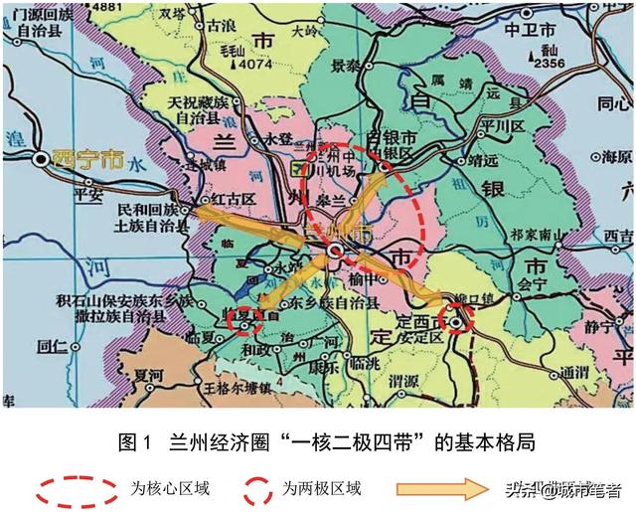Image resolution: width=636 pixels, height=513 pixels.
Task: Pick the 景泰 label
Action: coord(346,66)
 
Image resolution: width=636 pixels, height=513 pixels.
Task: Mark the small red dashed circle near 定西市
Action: coord(458,320)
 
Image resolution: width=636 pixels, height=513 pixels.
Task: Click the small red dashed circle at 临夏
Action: coord(244,320)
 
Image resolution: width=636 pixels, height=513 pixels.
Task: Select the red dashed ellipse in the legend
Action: coord(79,489)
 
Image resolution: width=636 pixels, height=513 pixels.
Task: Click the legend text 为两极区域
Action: coord(320,489)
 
